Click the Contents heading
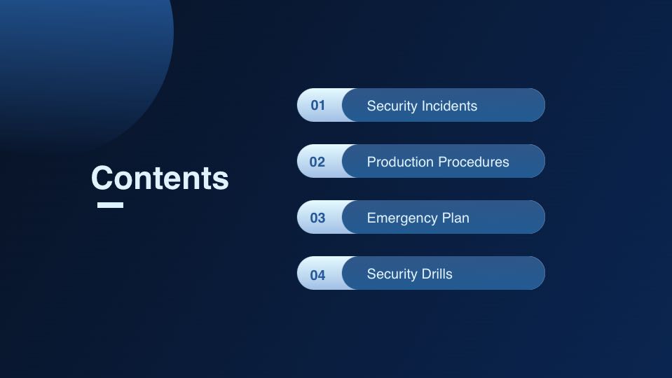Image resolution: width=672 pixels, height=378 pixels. [x=160, y=178]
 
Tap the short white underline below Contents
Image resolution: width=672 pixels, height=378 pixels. [x=110, y=205]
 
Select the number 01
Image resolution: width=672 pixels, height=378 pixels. [x=318, y=105]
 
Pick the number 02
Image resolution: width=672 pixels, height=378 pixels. [x=317, y=162]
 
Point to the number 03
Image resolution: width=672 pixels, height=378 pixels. [x=317, y=218]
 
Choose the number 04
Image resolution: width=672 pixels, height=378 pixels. [x=317, y=275]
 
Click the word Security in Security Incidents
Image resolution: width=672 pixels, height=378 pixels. [x=392, y=106]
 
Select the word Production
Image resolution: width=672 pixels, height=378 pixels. [x=400, y=162]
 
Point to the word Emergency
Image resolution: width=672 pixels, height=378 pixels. [x=402, y=218]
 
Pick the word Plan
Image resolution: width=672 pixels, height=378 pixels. [x=455, y=218]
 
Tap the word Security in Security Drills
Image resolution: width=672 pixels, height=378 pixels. [x=392, y=274]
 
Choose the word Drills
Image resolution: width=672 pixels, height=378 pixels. [x=437, y=274]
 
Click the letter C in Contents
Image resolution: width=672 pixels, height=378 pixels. [x=102, y=178]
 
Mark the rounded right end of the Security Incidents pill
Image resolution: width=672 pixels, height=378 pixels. [x=537, y=105]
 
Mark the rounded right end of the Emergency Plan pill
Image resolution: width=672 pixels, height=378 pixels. [x=537, y=217]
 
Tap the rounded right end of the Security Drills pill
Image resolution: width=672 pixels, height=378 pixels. [x=537, y=273]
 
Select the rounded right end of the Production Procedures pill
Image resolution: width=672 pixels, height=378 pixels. [x=537, y=161]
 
